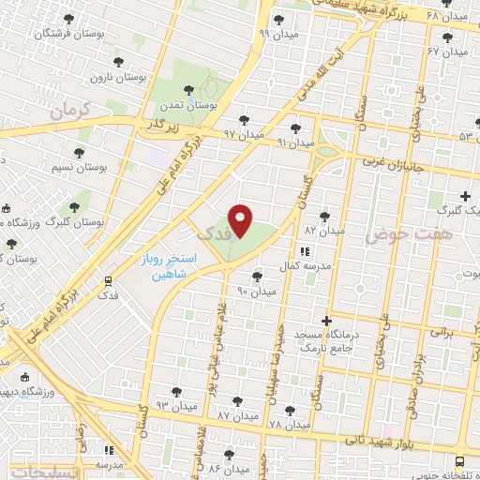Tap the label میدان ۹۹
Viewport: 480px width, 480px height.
pos(277,34)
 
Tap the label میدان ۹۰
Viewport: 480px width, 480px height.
pos(256,292)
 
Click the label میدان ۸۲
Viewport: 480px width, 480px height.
pos(325,230)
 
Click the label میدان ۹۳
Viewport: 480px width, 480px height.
pos(175,405)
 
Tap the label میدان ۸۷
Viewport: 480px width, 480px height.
pos(236,413)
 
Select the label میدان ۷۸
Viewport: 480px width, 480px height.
pos(288,425)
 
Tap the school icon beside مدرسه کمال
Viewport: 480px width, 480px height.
pos(305,251)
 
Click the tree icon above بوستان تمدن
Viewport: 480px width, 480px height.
pos(188,91)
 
